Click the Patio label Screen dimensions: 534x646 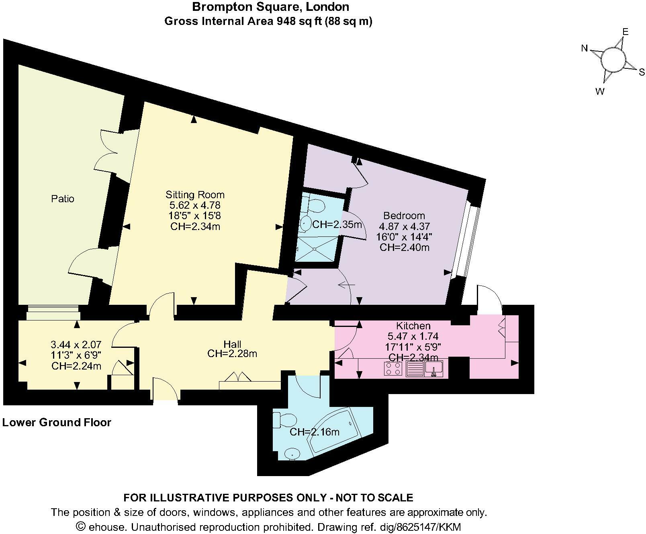click(x=63, y=199)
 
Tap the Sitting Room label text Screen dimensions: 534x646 click(x=195, y=195)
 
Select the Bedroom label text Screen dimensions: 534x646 click(x=404, y=215)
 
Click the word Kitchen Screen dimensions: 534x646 click(x=413, y=326)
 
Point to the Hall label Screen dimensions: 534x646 click(x=232, y=344)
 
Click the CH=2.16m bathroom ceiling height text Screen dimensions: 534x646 click(x=314, y=432)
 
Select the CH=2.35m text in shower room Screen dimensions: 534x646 click(x=337, y=224)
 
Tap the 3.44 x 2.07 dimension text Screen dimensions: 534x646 click(x=76, y=345)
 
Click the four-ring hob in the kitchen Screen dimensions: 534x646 click(x=393, y=368)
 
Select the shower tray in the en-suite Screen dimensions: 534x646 click(x=316, y=248)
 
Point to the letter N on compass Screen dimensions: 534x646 click(x=585, y=49)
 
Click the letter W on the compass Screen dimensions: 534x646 click(x=599, y=92)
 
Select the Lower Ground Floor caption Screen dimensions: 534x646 click(x=57, y=423)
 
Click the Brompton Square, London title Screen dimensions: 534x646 click(x=270, y=7)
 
